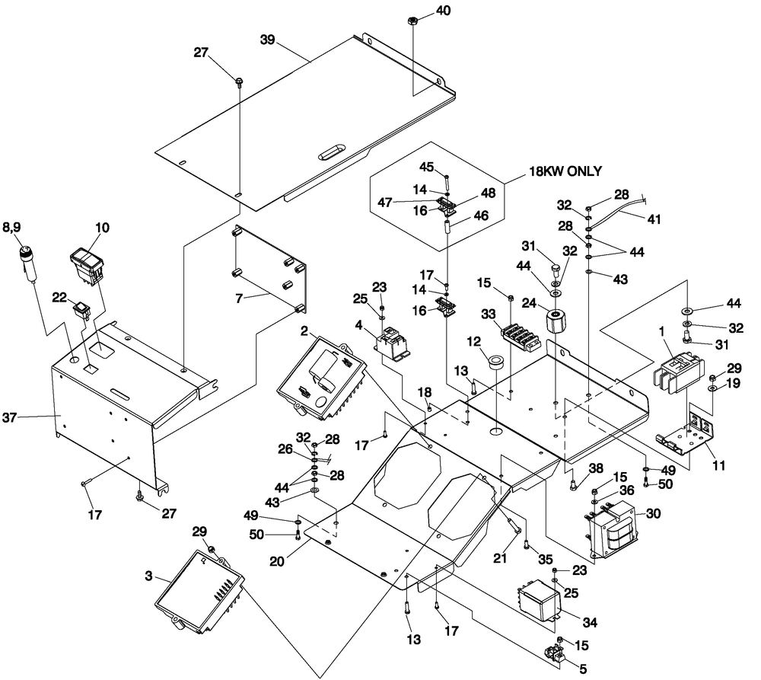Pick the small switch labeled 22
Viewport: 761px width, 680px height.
tap(81, 310)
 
